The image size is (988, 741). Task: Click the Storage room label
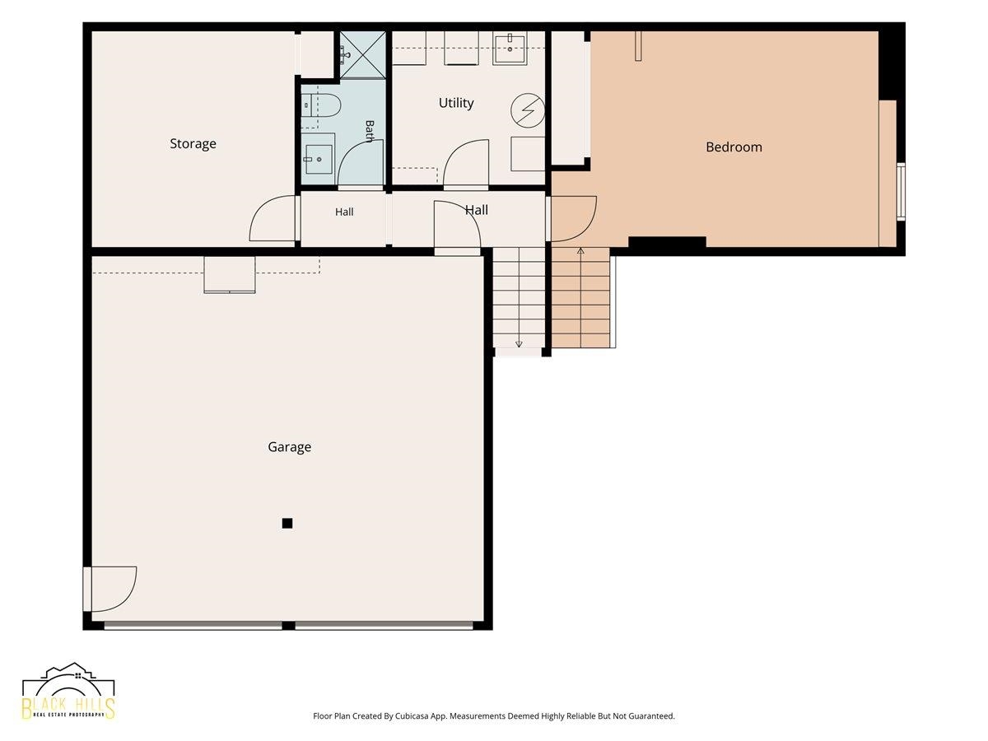click(x=193, y=144)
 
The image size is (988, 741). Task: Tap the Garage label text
click(x=290, y=447)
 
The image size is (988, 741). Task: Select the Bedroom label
click(x=734, y=147)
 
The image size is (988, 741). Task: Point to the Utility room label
click(x=456, y=103)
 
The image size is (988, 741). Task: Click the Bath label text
click(x=370, y=131)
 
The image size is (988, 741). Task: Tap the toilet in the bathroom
click(x=320, y=105)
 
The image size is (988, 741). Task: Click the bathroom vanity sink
click(x=319, y=159)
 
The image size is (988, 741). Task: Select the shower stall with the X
click(x=363, y=55)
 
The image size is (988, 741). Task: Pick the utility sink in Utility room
click(x=510, y=49)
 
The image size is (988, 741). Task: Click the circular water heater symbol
click(x=528, y=110)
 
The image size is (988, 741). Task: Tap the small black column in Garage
click(x=287, y=524)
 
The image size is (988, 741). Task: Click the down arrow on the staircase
click(x=519, y=343)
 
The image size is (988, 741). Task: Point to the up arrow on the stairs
click(x=580, y=250)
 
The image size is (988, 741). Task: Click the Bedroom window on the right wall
click(x=901, y=192)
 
